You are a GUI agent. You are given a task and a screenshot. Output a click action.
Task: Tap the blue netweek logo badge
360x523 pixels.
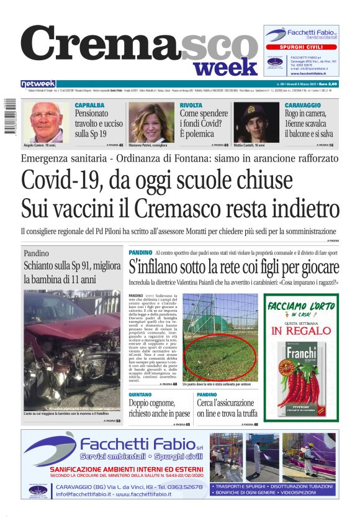pyautogui.click(x=38, y=84)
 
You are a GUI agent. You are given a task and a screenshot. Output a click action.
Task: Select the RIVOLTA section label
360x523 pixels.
pyautogui.click(x=191, y=105)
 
